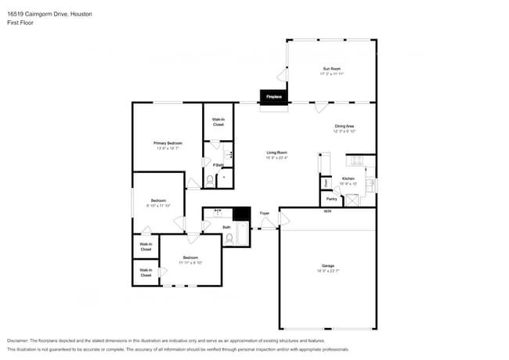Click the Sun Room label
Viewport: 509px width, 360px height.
pos(331,69)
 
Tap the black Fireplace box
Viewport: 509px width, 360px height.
pos(274,97)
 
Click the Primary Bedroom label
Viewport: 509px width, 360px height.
pos(167,143)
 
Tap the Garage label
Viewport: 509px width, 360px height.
pos(327,266)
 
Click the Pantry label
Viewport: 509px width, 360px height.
pos(331,199)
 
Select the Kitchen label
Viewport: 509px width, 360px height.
pos(348,179)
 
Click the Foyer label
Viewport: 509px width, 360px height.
pos(265,213)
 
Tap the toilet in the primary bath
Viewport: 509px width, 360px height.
pos(210,180)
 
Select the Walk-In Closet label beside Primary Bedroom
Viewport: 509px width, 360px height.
pos(218,122)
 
